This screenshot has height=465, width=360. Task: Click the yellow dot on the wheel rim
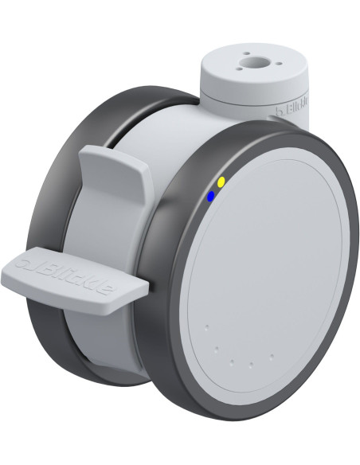click(221, 182)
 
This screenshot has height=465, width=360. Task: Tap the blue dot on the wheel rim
click(210, 196)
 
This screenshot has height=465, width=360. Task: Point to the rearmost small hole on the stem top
click(245, 53)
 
